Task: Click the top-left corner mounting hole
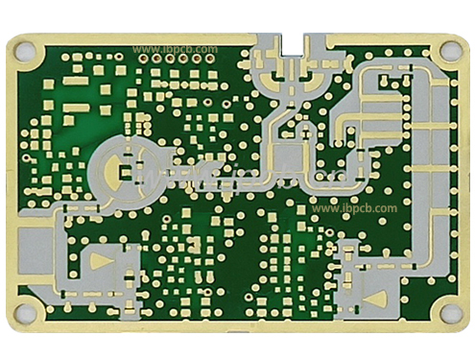pyautogui.click(x=26, y=52)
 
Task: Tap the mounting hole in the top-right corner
pyautogui.click(x=449, y=51)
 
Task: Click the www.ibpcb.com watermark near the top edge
pyautogui.click(x=175, y=49)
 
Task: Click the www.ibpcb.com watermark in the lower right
pyautogui.click(x=354, y=208)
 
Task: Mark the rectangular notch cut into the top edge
pyautogui.click(x=293, y=44)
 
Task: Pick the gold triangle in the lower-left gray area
pyautogui.click(x=101, y=260)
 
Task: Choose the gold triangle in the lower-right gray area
pyautogui.click(x=376, y=300)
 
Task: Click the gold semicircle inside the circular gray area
pyautogui.click(x=112, y=172)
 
